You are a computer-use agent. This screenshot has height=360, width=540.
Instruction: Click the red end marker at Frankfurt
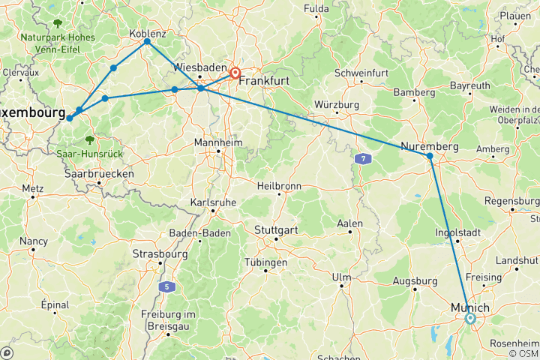pyautogui.click(x=235, y=73)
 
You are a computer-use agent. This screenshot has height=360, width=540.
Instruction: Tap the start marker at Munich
pyautogui.click(x=470, y=318)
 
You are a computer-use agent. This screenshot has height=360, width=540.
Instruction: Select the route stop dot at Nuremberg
pyautogui.click(x=430, y=156)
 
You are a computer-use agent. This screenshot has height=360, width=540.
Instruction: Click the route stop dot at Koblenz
pyautogui.click(x=147, y=41)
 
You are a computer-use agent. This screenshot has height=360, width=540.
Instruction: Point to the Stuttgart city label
pyautogui.click(x=277, y=229)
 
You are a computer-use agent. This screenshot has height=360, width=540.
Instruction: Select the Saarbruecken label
pyautogui.click(x=100, y=173)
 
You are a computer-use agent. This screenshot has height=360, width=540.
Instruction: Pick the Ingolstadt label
pyautogui.click(x=458, y=232)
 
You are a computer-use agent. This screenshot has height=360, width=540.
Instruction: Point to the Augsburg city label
pyautogui.click(x=415, y=281)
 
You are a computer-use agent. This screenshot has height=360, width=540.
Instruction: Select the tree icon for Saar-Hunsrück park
pyautogui.click(x=89, y=139)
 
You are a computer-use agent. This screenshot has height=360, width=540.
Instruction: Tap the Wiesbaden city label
pyautogui.click(x=199, y=67)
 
